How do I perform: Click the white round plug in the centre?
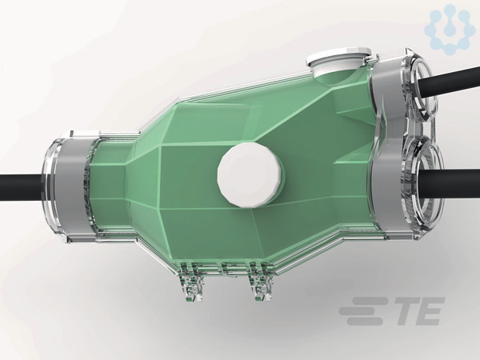point(249,174)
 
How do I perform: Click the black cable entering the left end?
point(21,187)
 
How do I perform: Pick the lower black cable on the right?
point(449,184)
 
